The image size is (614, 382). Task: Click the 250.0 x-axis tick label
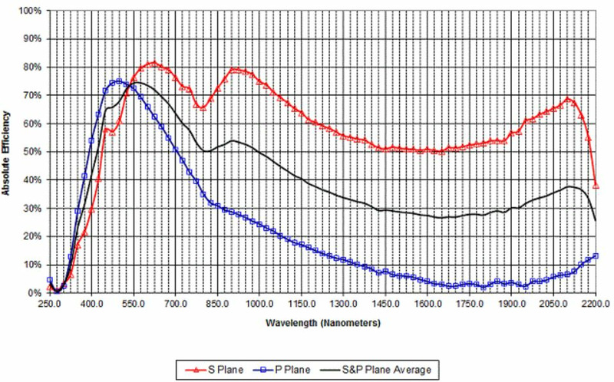click(x=49, y=305)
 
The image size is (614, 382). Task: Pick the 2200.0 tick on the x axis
click(x=595, y=305)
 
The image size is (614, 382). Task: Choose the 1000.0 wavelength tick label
click(x=259, y=305)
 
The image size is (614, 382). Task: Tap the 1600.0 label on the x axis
click(x=427, y=305)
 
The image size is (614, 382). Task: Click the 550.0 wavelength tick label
click(x=134, y=305)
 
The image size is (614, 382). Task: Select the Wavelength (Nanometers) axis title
click(x=323, y=324)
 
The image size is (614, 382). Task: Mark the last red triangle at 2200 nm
click(x=596, y=186)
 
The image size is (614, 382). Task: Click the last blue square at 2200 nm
click(x=596, y=255)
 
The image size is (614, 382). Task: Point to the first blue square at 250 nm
click(x=50, y=280)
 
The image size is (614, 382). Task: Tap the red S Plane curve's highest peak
click(x=153, y=62)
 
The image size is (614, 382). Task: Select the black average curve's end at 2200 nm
click(x=596, y=221)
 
